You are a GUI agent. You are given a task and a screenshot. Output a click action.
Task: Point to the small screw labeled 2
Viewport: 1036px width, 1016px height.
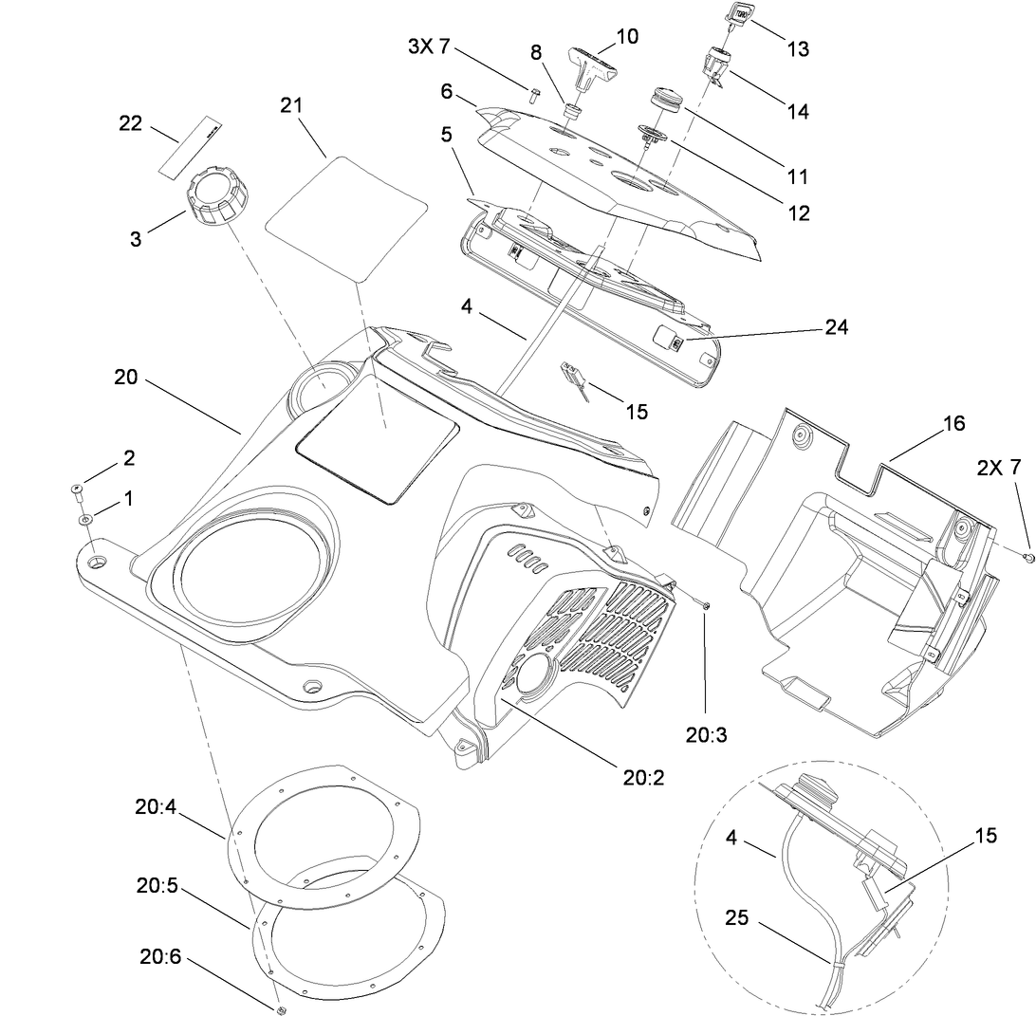pos(75,490)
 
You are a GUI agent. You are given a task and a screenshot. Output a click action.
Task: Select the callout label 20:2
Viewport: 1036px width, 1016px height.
pos(644,778)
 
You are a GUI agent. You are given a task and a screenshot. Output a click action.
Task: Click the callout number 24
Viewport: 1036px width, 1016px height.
pos(837,327)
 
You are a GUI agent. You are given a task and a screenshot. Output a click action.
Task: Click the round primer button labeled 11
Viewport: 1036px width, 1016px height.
pos(666,100)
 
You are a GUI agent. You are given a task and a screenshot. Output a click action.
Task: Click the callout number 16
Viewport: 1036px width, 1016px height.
pos(954,423)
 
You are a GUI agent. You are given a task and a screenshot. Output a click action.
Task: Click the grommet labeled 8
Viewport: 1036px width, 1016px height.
pos(572,112)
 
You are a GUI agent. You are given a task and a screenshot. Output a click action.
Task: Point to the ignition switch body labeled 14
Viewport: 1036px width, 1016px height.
pos(716,65)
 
